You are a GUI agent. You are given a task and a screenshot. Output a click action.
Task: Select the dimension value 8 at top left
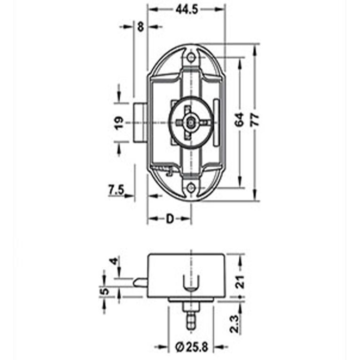pos(140,27)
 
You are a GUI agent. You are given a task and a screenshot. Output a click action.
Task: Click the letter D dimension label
pos(170,219)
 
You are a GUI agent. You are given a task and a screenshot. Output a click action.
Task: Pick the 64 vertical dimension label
pos(240,120)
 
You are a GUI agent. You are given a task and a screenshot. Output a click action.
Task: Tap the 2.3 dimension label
pos(240,324)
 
